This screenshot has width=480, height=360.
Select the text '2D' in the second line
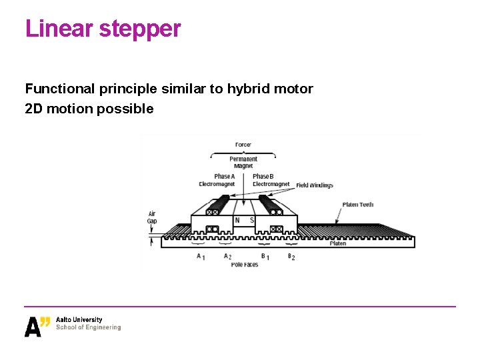click(x=33, y=109)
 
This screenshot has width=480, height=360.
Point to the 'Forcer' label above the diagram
click(x=243, y=145)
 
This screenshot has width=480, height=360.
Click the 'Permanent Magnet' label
click(x=243, y=162)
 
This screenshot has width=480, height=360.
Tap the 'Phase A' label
click(x=224, y=177)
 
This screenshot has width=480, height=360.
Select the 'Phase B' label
click(x=263, y=177)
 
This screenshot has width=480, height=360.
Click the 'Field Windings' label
click(x=315, y=185)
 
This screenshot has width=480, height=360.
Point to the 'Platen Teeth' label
click(x=358, y=205)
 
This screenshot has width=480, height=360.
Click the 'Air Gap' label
click(x=152, y=217)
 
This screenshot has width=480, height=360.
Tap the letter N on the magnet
click(x=237, y=221)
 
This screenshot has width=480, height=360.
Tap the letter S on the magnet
click(x=251, y=221)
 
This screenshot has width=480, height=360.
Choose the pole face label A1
click(x=200, y=256)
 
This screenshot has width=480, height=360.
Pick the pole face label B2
click(x=291, y=256)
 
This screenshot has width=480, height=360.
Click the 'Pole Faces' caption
click(x=245, y=265)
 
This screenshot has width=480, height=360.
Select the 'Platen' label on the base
click(x=338, y=243)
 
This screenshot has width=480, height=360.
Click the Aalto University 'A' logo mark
click(x=33, y=327)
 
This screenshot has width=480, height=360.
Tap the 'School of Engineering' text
click(x=89, y=327)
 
